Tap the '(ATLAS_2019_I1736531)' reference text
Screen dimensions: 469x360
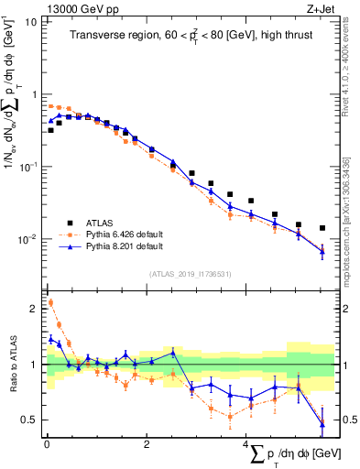coord(190,273)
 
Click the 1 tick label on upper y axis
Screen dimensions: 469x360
coord(35,93)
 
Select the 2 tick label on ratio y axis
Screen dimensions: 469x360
coord(35,309)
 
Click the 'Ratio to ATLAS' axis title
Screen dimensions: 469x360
coord(12,365)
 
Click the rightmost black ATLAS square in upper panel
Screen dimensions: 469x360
coord(322,228)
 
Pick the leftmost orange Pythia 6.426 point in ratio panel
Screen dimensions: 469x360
coord(50,302)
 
